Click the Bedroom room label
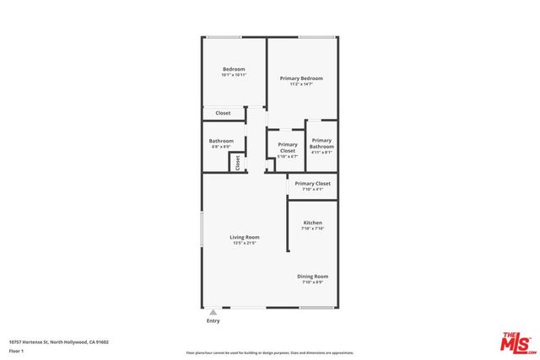tap(234, 68)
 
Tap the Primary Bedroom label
tap(301, 78)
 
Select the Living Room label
tap(244, 237)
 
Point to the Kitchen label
tap(312, 223)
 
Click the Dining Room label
tap(312, 277)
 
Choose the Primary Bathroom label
tap(321, 143)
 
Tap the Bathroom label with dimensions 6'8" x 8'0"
tap(221, 141)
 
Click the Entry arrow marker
tap(213, 312)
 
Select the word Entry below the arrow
tap(213, 321)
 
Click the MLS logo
tap(516, 341)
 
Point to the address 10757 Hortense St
tap(58, 341)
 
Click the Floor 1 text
tap(16, 352)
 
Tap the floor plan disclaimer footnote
tap(269, 352)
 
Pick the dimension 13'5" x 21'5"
tap(244, 243)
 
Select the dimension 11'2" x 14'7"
tap(301, 84)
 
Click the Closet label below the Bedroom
tap(223, 113)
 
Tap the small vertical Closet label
tap(238, 162)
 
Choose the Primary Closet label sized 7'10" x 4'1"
tap(312, 183)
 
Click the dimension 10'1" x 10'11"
tap(234, 75)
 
